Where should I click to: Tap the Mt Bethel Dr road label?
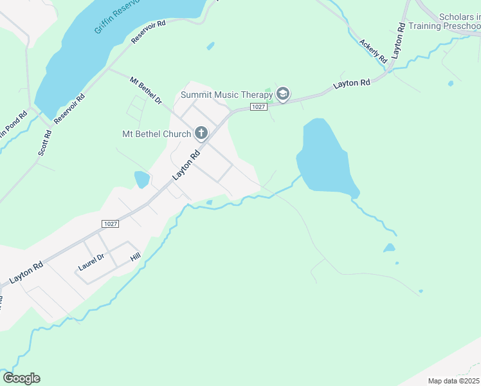[145, 91]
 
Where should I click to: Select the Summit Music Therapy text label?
[226, 95]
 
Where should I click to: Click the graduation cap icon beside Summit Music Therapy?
[282, 95]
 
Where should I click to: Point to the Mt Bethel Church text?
[156, 134]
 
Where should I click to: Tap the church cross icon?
[201, 134]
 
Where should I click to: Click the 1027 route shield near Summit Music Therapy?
[259, 107]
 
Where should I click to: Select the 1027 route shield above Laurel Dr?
[110, 223]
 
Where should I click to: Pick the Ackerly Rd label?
[373, 50]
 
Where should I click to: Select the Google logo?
[21, 378]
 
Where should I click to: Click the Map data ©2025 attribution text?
[454, 381]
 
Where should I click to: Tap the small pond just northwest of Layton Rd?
[141, 179]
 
